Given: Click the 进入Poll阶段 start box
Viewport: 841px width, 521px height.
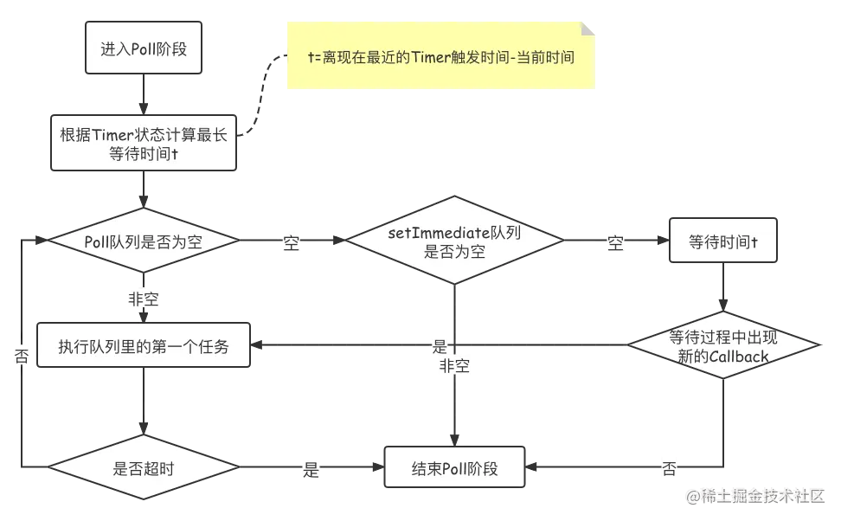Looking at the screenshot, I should (x=143, y=48).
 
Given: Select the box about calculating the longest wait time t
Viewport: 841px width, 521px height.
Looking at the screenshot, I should (x=143, y=144).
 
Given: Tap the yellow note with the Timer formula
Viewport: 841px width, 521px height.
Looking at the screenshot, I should (x=440, y=57).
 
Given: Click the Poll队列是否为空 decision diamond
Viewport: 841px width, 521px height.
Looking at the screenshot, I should (x=143, y=242).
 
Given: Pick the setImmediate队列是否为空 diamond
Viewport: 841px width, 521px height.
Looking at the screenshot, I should (x=453, y=242).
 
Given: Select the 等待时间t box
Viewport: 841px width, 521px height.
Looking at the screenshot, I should (x=722, y=242).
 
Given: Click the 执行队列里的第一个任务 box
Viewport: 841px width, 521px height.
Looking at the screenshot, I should (x=143, y=347).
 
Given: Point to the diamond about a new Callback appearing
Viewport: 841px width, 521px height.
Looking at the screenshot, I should (x=722, y=346).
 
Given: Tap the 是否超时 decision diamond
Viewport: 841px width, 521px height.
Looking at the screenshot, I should (x=143, y=469).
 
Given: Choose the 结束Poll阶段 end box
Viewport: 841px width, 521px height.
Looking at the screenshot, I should (x=454, y=469).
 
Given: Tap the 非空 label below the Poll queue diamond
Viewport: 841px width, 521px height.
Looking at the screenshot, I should (x=143, y=299).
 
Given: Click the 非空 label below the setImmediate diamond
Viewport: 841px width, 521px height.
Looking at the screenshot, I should (x=454, y=367).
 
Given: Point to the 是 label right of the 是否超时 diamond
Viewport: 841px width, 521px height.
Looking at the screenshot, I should (x=310, y=470).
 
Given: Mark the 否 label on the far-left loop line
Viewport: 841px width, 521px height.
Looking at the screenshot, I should (x=22, y=357).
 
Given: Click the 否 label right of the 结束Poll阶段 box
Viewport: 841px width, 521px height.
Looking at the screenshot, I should (x=669, y=470).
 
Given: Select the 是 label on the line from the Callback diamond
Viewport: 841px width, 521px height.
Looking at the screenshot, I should (x=439, y=348).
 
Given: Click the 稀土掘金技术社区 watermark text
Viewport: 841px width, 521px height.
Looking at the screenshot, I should (x=754, y=496).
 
